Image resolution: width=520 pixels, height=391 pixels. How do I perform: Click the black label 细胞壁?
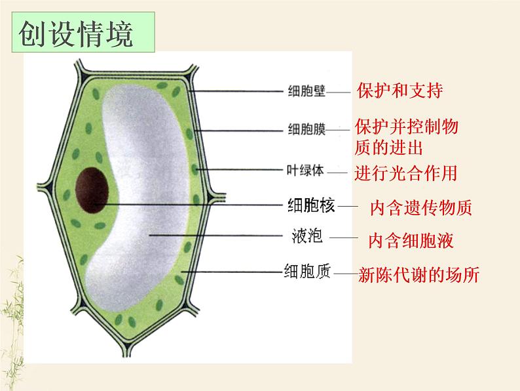306,91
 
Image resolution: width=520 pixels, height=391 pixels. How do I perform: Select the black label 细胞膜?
306,129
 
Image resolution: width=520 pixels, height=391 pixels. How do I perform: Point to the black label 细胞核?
311,206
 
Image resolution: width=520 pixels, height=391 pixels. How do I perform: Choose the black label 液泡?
306,236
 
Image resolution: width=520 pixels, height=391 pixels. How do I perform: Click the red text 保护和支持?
399,90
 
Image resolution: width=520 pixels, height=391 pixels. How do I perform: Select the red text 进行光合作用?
405,173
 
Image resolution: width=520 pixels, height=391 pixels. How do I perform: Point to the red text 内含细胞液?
411,241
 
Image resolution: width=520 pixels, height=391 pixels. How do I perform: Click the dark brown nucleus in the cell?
92,189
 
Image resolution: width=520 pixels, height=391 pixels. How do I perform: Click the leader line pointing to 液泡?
216,235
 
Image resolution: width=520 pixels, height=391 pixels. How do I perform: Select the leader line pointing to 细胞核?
196,205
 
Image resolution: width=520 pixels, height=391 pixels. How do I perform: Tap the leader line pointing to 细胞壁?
236,91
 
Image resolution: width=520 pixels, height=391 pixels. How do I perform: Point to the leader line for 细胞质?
229,271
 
